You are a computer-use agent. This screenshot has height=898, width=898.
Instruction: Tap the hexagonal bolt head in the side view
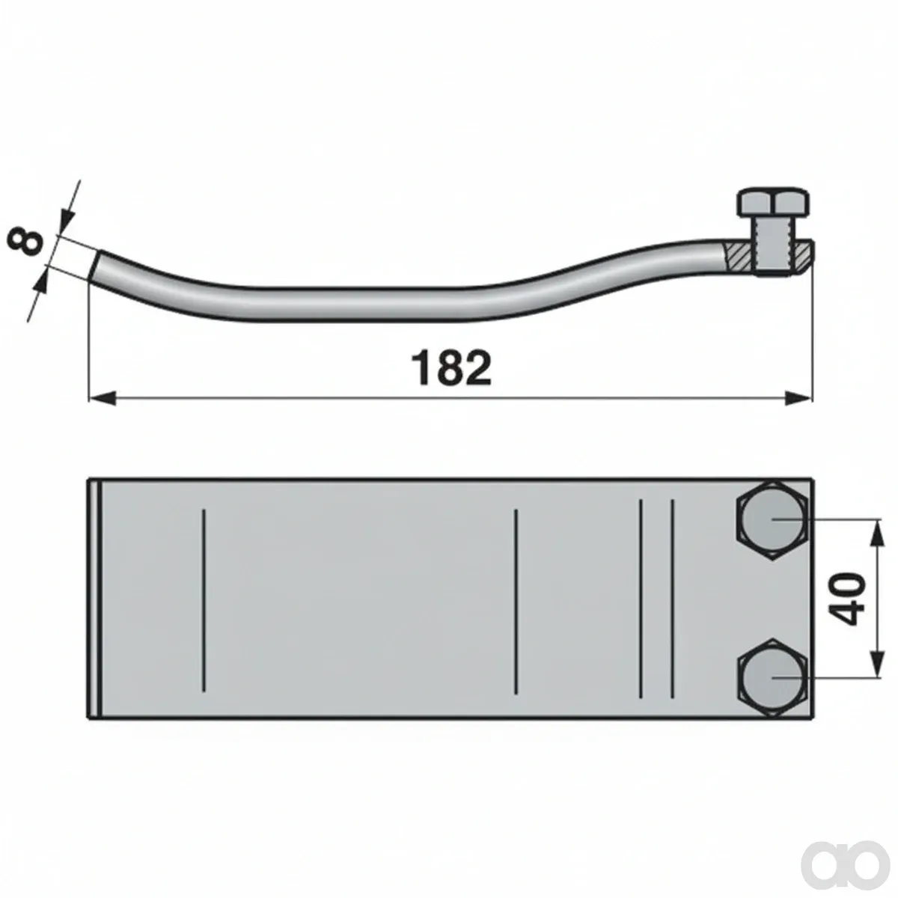point(772,202)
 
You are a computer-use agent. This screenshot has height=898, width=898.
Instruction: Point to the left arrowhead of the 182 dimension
point(102,398)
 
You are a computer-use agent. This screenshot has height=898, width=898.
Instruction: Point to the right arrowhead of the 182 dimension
point(798,398)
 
